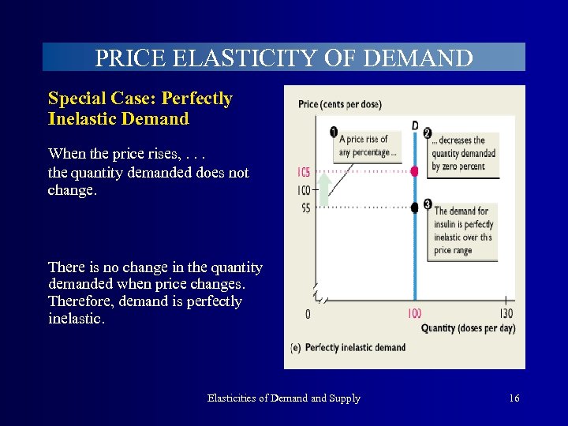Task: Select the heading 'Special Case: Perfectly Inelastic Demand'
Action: tap(140, 109)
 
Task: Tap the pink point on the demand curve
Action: tap(415, 170)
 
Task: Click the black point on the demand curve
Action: tap(415, 207)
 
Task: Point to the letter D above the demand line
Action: tap(415, 125)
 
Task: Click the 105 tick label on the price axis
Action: tap(303, 172)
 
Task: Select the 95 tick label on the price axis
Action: tap(303, 208)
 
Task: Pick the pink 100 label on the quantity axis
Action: tap(415, 314)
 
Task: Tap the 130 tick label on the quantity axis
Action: tap(506, 314)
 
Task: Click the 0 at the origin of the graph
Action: tap(307, 314)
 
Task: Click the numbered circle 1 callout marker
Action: tap(334, 132)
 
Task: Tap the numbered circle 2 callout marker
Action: tap(428, 132)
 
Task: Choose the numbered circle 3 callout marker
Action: tap(428, 204)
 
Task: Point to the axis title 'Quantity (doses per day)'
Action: tap(468, 328)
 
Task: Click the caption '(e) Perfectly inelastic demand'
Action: tap(348, 347)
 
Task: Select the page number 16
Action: tap(514, 398)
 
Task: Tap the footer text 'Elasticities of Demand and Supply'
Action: tap(283, 398)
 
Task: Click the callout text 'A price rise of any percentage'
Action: tap(368, 146)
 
